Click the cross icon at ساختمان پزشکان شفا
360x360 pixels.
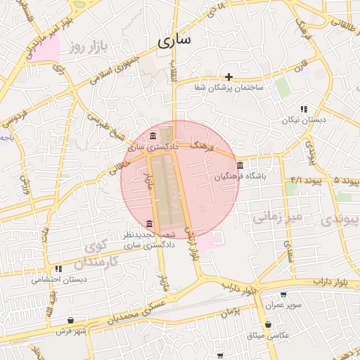[229, 77]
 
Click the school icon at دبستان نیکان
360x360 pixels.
[304, 109]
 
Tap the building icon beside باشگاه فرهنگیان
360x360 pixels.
[240, 166]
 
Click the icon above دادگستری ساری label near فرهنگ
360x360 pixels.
[153, 136]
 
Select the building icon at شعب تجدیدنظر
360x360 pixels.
[148, 224]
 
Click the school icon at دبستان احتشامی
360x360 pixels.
[58, 269]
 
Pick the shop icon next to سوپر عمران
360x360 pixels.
[283, 295]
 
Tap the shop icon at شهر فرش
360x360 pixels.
[71, 320]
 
